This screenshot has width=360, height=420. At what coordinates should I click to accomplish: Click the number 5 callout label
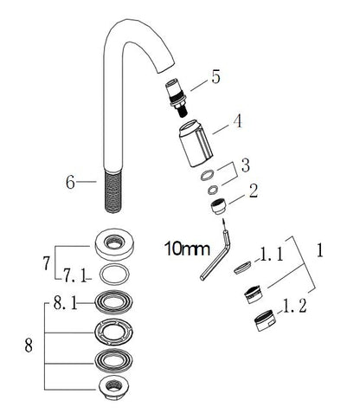coord(215,77)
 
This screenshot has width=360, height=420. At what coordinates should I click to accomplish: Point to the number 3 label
coord(246,165)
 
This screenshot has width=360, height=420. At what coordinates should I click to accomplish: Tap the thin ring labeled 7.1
coord(112,275)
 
